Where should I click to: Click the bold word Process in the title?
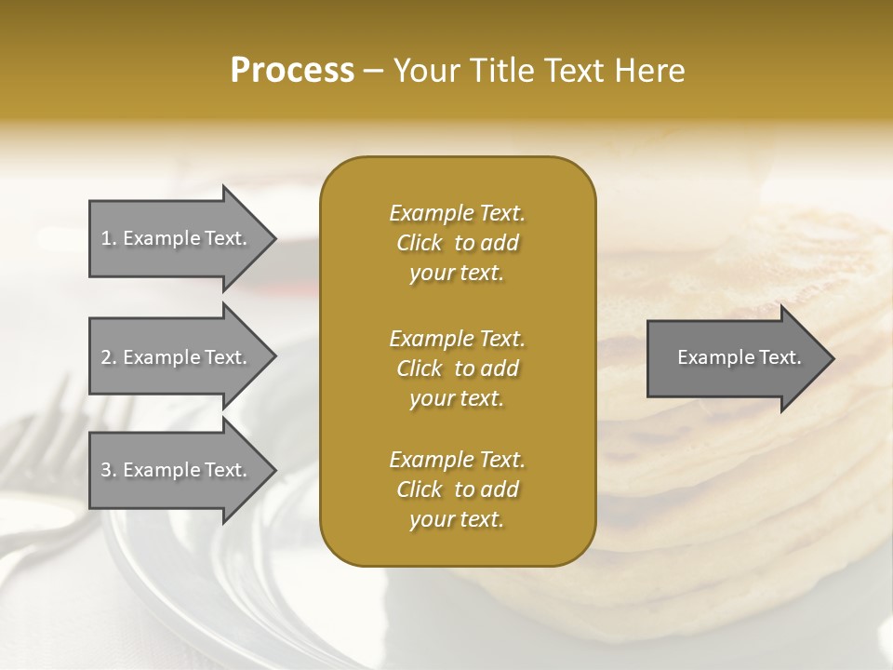pyautogui.click(x=292, y=71)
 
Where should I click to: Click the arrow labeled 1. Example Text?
pyautogui.click(x=175, y=238)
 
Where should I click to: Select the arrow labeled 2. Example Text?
pyautogui.click(x=175, y=357)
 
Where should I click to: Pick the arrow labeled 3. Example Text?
pyautogui.click(x=175, y=470)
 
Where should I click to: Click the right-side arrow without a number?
pyautogui.click(x=735, y=357)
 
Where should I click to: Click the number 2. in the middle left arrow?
pyautogui.click(x=109, y=357)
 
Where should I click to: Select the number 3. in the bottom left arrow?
pyautogui.click(x=109, y=470)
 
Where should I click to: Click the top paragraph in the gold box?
pyautogui.click(x=457, y=243)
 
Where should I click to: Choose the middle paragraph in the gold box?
pyautogui.click(x=457, y=368)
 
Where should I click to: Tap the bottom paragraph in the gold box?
pyautogui.click(x=457, y=489)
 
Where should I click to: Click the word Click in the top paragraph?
pyautogui.click(x=420, y=243)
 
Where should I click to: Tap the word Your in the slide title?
pyautogui.click(x=422, y=71)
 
